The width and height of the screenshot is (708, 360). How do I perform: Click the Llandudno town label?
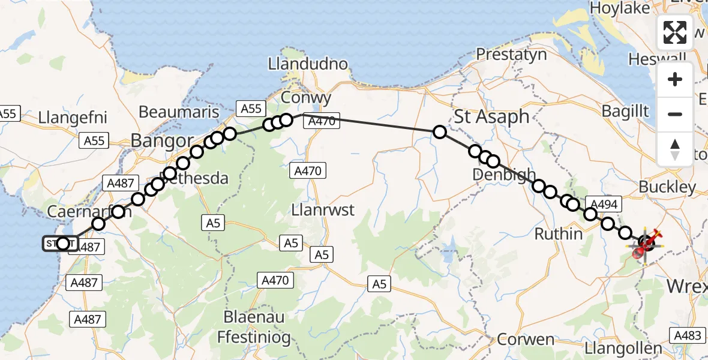[308, 64]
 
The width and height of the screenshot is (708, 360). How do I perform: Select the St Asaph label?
[492, 116]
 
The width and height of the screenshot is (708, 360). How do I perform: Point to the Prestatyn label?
[511, 55]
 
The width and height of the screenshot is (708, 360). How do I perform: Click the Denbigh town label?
[503, 175]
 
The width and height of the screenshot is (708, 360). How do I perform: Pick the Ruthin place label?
[558, 233]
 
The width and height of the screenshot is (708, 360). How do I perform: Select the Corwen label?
[526, 340]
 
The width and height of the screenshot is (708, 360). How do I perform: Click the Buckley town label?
[667, 187]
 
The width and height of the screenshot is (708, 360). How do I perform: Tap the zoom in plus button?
[675, 80]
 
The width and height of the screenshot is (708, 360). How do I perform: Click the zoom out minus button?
[675, 114]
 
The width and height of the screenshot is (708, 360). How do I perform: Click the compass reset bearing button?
[675, 148]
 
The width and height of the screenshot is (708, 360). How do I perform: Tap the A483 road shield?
[688, 336]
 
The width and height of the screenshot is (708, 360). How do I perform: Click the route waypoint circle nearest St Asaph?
[440, 132]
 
